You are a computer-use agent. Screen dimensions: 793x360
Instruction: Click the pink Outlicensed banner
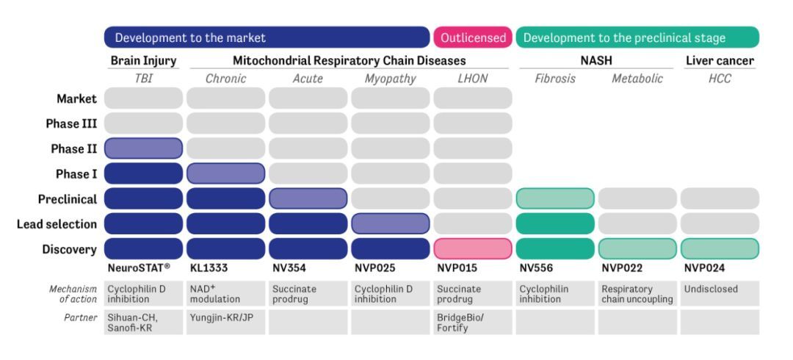[x=472, y=37]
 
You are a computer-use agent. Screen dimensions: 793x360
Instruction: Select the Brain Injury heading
[x=144, y=61]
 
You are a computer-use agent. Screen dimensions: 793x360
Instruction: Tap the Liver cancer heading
[x=720, y=61]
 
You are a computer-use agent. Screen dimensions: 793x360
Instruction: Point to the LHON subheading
[x=472, y=79]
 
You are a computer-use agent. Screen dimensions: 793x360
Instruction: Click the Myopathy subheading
[x=391, y=79]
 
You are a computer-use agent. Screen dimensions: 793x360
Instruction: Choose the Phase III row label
[x=71, y=124]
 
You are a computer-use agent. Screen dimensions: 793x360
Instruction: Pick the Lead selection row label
[x=57, y=224]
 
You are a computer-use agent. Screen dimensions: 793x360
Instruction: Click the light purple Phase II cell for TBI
[x=144, y=148]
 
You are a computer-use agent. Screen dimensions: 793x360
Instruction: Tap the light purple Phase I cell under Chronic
[x=225, y=173]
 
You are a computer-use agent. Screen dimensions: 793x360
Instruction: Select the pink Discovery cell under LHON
[x=473, y=248]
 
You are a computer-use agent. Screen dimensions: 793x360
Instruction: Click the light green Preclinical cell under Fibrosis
[x=555, y=198]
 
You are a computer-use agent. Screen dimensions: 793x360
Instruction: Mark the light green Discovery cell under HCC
[x=720, y=248]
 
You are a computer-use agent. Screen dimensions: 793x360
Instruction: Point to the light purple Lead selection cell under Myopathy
[x=391, y=223]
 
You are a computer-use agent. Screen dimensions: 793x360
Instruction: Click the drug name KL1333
[x=209, y=268]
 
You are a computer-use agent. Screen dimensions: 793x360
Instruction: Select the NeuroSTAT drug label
[x=139, y=268]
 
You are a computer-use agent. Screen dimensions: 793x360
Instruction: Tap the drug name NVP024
[x=704, y=268]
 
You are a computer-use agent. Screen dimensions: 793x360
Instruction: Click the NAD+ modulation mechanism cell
[x=225, y=294]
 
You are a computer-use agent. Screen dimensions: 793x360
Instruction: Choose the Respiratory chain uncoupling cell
[x=637, y=294]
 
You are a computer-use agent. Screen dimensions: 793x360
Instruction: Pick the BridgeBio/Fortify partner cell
[x=473, y=322]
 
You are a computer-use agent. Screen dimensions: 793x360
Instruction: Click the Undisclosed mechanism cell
[x=720, y=294]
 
